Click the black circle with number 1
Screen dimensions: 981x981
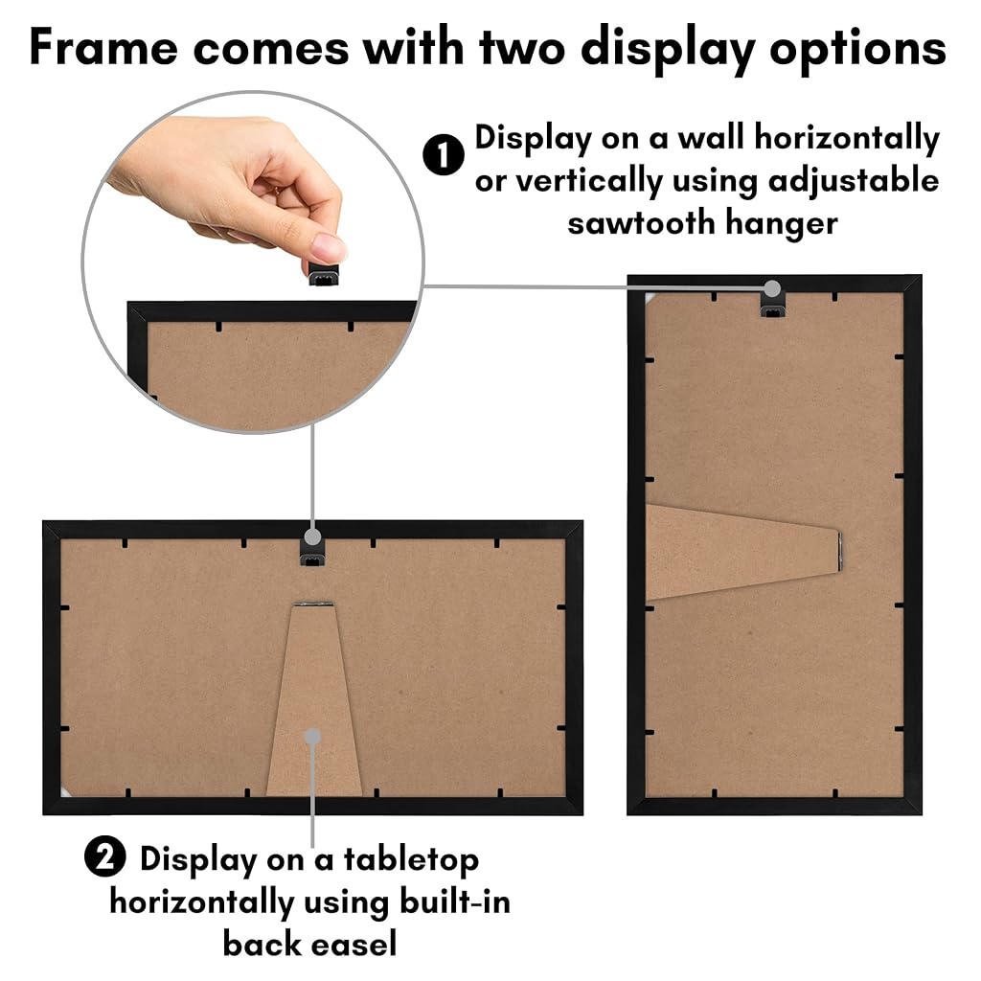pos(443,154)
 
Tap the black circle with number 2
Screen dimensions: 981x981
pos(105,856)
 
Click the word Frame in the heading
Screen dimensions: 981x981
pos(103,48)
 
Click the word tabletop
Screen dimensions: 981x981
pos(411,861)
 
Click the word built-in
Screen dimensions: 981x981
pos(454,901)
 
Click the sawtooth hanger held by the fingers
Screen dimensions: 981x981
pos(324,275)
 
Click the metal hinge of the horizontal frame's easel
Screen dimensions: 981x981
pos(314,604)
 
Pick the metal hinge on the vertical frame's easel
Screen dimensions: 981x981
pos(839,551)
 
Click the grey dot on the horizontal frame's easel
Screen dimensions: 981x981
pos(313,737)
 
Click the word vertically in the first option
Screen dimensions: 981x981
pos(589,182)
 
